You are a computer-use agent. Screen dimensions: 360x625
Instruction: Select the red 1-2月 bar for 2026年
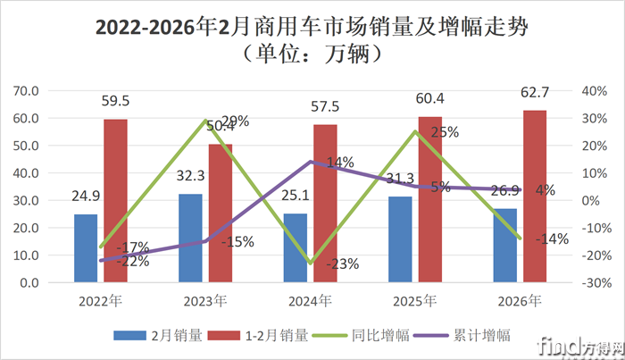point(536,197)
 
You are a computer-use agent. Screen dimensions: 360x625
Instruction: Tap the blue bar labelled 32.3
point(190,238)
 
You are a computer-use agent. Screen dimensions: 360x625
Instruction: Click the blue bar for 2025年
point(400,239)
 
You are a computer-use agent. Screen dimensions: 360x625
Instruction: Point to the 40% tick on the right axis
point(594,91)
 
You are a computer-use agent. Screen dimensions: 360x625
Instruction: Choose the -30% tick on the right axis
point(594,283)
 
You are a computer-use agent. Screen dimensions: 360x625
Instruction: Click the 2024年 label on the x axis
point(312,301)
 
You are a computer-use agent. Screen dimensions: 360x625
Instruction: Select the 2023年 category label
point(206,301)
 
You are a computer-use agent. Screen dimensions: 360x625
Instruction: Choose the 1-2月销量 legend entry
point(273,336)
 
